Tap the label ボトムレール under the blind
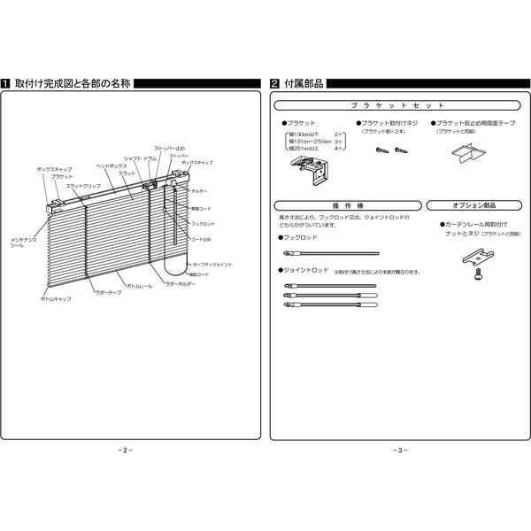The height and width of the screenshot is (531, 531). pos(140,287)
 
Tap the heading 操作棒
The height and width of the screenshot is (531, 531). pos(347,205)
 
